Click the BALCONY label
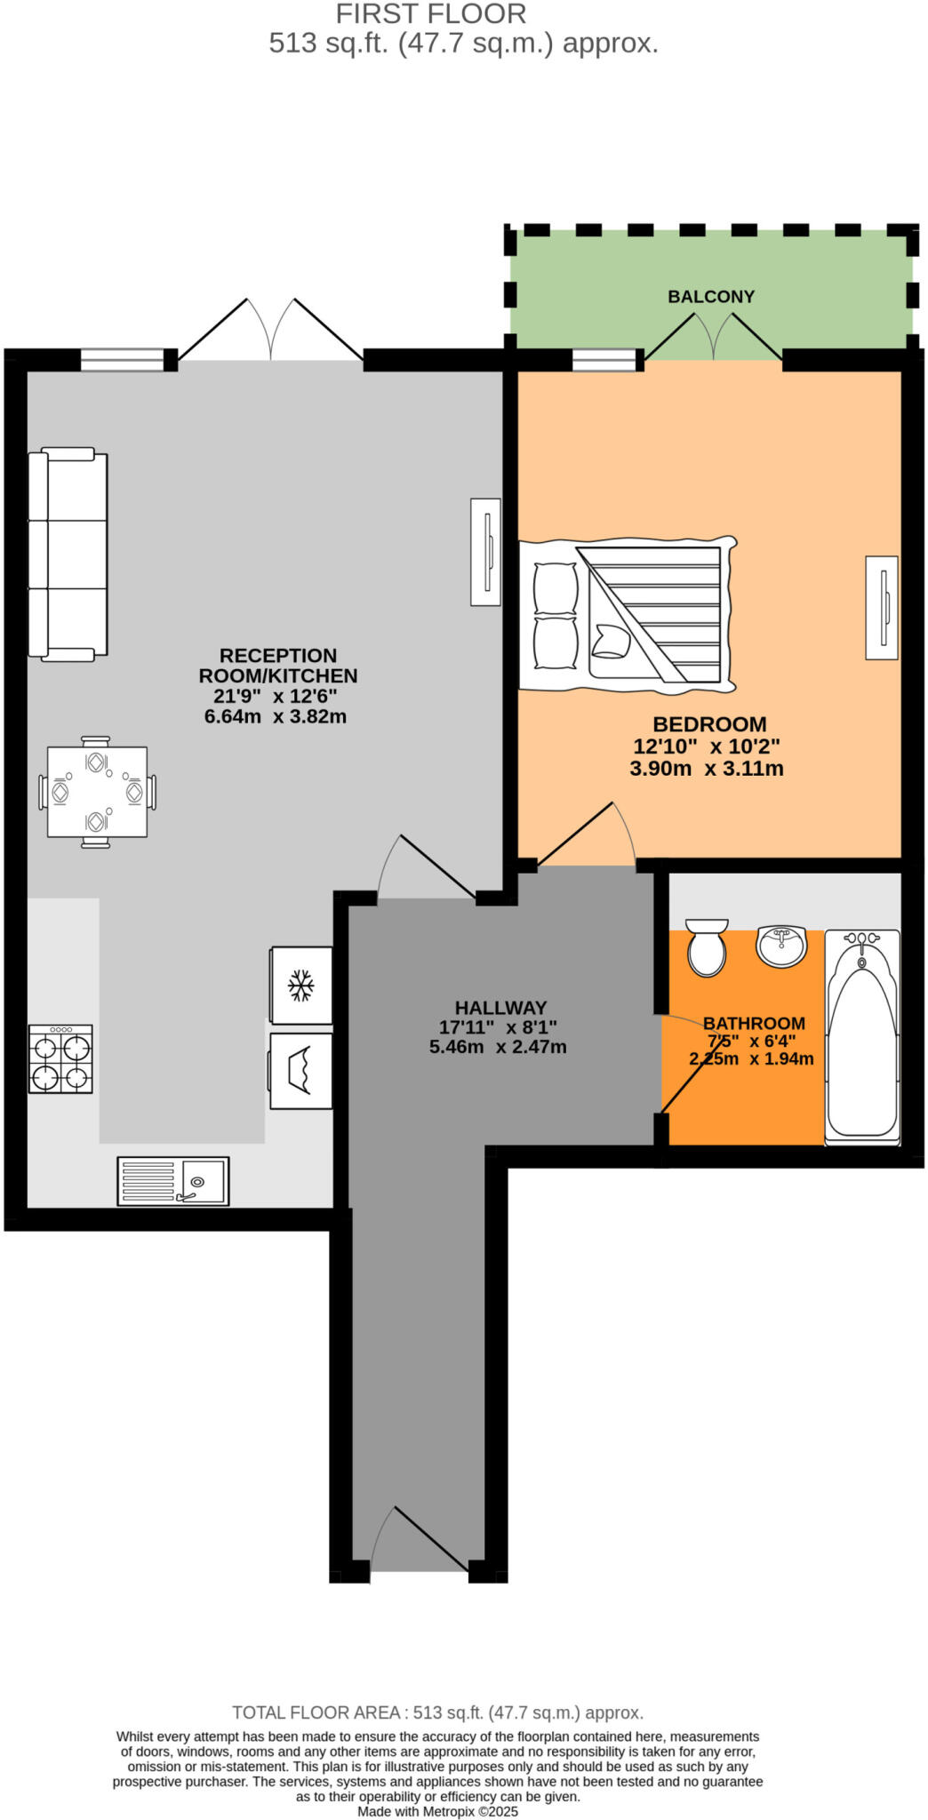(x=710, y=297)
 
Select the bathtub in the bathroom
(x=861, y=1036)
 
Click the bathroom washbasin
(x=781, y=945)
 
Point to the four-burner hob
(x=60, y=1058)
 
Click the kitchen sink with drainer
(x=173, y=1180)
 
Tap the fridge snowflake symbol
(x=300, y=986)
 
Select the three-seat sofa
(x=68, y=555)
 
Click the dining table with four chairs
(x=97, y=791)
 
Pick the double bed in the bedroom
(x=628, y=615)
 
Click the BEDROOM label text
(x=708, y=724)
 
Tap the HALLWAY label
(x=500, y=1008)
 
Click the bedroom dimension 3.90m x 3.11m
(x=707, y=769)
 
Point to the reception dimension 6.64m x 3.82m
(x=275, y=716)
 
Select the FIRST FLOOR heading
(x=431, y=14)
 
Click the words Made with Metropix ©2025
(x=437, y=1811)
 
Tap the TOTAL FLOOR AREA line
(x=437, y=1712)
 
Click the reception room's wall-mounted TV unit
(x=485, y=552)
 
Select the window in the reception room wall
(x=123, y=359)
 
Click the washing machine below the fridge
(x=300, y=1071)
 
